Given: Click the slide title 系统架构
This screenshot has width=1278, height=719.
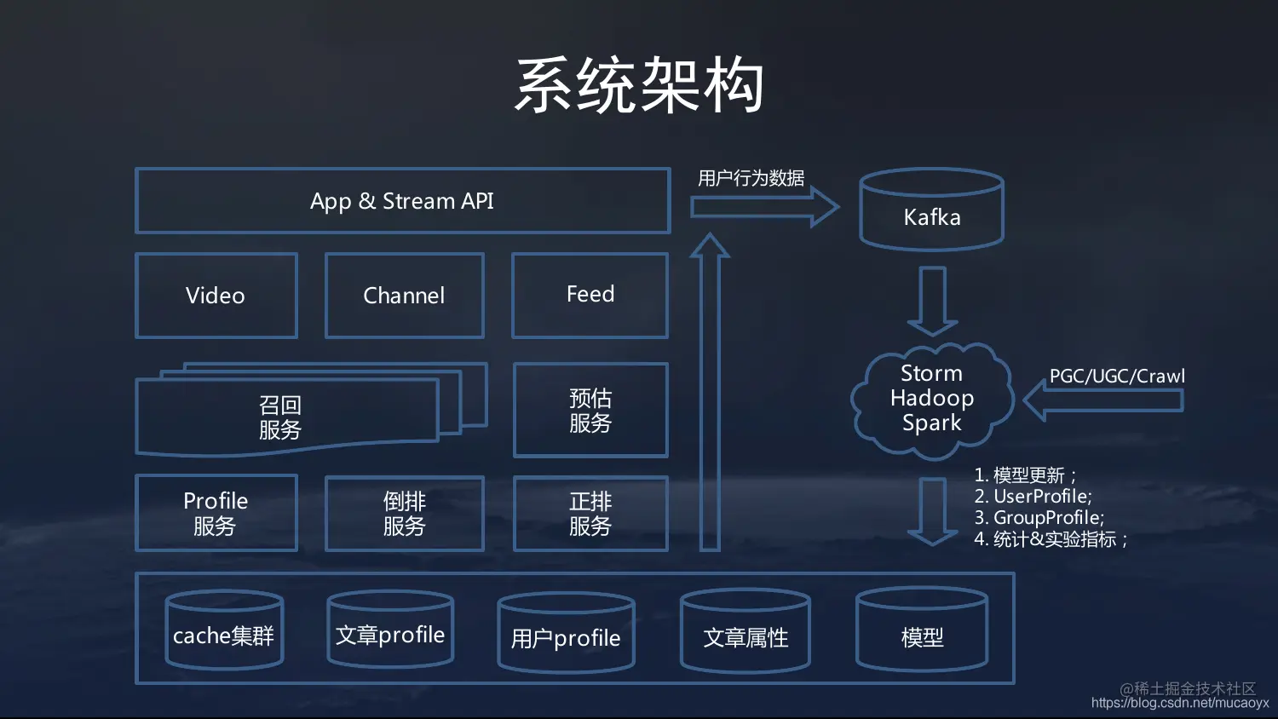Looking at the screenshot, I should click(639, 85).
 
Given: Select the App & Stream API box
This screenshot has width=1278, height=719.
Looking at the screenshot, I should click(402, 201).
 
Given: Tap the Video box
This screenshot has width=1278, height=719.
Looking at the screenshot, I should click(216, 296).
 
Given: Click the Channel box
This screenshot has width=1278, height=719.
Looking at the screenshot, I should click(404, 296).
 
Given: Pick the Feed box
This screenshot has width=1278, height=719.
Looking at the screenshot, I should click(590, 295).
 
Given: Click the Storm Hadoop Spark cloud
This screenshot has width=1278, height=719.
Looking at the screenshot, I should click(931, 399).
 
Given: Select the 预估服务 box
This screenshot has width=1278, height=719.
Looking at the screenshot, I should click(590, 411).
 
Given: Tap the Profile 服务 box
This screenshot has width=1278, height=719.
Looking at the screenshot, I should click(216, 513).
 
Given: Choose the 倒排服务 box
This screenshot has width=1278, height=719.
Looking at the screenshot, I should click(404, 514).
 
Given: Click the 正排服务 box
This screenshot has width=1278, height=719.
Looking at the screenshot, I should click(590, 514).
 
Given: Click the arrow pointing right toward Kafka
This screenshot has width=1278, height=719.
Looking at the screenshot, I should click(763, 207).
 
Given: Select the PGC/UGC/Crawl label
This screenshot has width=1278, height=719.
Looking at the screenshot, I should click(1117, 376).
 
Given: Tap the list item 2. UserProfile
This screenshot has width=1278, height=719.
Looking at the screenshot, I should click(1033, 497).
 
